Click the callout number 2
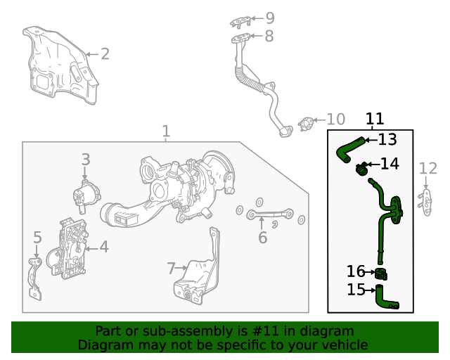click(x=104, y=53)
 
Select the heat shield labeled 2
click(x=59, y=66)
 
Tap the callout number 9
click(x=269, y=18)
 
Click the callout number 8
click(x=269, y=37)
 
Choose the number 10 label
click(x=335, y=120)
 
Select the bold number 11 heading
click(x=375, y=119)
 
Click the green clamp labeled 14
click(x=362, y=169)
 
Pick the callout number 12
click(x=427, y=168)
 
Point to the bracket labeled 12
click(x=426, y=201)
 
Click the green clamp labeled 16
click(x=381, y=274)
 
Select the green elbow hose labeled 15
click(x=385, y=297)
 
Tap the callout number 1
click(x=166, y=131)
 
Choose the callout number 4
click(x=103, y=247)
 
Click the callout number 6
click(x=262, y=238)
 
